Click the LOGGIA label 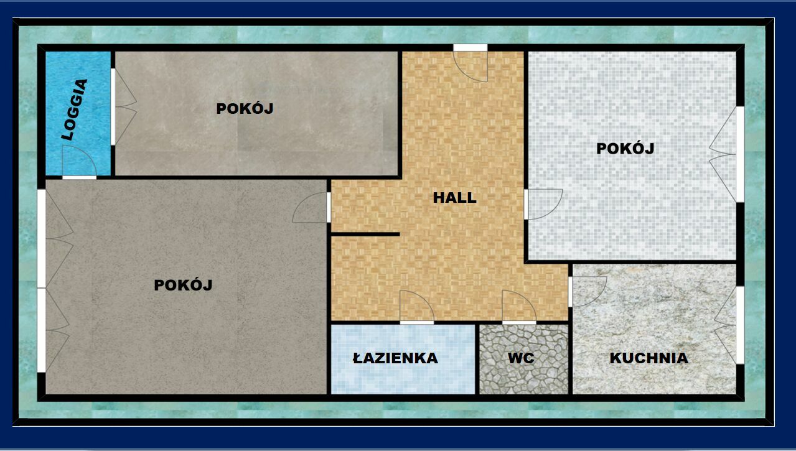[74, 109]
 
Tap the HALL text [454, 198]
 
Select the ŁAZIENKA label [395, 358]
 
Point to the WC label [521, 358]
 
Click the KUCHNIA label [649, 358]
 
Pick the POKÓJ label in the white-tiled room [625, 149]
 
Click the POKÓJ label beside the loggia [245, 108]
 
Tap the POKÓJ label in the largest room [183, 285]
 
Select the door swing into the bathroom [417, 306]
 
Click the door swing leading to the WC [519, 306]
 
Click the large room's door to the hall [310, 208]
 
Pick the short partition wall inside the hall [365, 235]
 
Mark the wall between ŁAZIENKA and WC [477, 359]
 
